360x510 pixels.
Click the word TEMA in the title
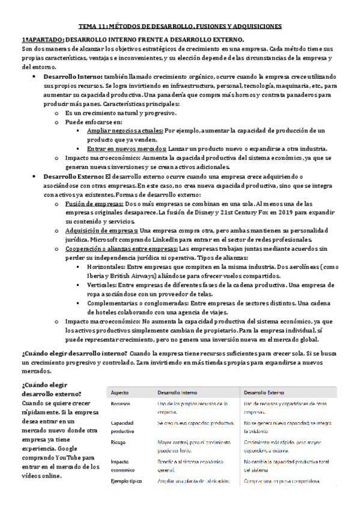click(x=90, y=26)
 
